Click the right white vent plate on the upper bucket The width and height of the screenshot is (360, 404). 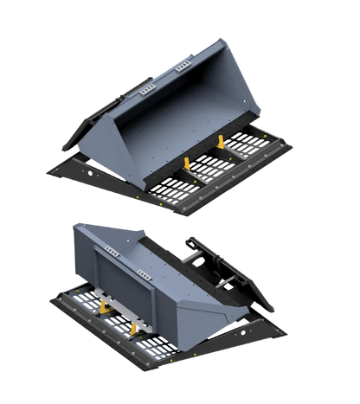click(x=181, y=66)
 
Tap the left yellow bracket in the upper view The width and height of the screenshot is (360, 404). click(x=186, y=163)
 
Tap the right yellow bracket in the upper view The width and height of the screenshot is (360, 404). click(x=222, y=142)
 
